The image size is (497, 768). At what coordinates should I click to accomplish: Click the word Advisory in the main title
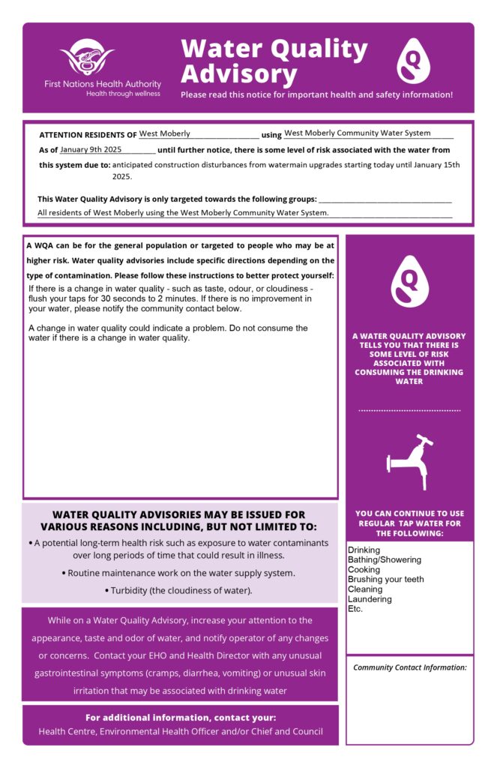tap(239, 74)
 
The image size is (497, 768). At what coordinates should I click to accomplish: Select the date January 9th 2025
tap(91, 149)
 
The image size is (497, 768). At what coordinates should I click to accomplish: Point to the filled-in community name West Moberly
tap(165, 133)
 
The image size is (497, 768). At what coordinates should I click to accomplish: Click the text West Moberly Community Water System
tap(357, 133)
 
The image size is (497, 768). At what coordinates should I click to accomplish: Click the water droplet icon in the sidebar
tap(409, 280)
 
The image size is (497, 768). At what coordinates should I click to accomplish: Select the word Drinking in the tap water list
tap(364, 550)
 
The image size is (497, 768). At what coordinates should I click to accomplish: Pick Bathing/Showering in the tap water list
tap(385, 560)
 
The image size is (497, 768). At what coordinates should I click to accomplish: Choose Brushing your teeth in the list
tap(386, 580)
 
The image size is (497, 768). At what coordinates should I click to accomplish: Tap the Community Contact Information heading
tap(409, 667)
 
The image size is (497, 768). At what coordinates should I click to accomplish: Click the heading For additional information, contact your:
tap(181, 717)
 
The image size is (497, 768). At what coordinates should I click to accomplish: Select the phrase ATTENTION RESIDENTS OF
tap(88, 135)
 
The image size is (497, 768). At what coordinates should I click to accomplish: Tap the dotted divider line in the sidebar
tap(409, 411)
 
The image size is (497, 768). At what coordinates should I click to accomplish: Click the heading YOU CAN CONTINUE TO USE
tap(409, 514)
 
